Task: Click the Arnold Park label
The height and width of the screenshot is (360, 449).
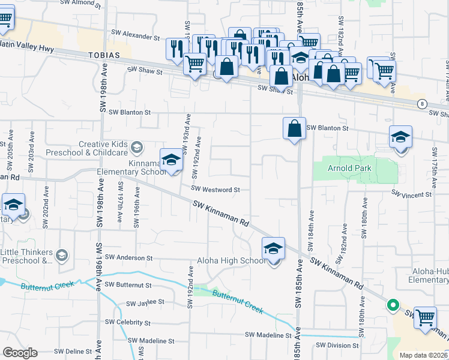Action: [x=346, y=169]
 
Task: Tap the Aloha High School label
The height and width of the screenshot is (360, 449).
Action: [x=231, y=260]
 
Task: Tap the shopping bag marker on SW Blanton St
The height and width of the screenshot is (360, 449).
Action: [x=294, y=129]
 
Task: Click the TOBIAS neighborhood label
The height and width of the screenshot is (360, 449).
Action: [x=106, y=55]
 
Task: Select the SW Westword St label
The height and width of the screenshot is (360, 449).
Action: [x=215, y=189]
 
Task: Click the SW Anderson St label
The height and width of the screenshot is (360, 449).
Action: [x=128, y=257]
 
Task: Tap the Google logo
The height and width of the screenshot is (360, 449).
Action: [x=19, y=353]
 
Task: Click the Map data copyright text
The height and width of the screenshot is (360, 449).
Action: [x=423, y=355]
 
